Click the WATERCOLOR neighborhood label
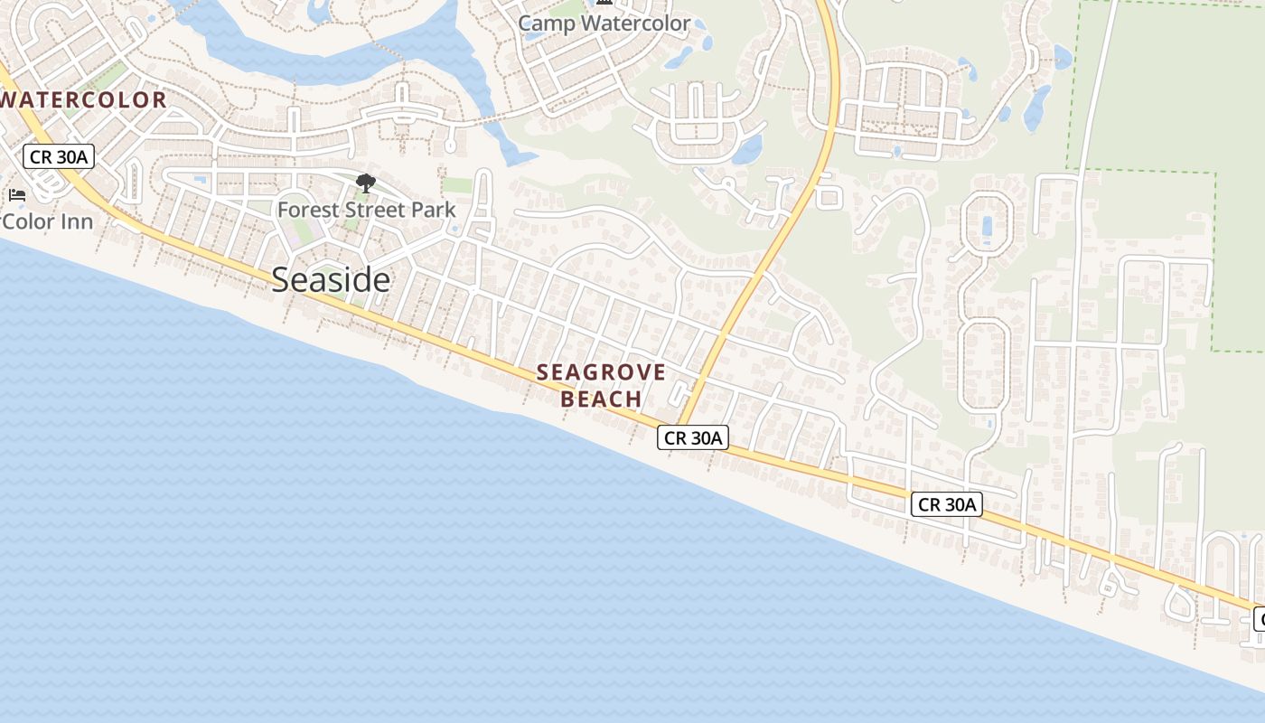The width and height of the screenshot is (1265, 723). [x=84, y=100]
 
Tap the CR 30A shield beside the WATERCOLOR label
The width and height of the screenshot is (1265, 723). [x=59, y=156]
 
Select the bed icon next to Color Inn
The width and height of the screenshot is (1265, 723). [x=16, y=194]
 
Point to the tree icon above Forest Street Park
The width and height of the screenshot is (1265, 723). [x=366, y=184]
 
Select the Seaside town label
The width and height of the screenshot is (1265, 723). [x=331, y=280]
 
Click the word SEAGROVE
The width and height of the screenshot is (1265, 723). [x=601, y=372]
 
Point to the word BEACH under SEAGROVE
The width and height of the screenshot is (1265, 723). [x=601, y=399]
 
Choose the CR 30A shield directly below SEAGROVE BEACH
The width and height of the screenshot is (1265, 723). [x=693, y=438]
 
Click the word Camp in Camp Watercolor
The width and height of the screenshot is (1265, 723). [x=547, y=23]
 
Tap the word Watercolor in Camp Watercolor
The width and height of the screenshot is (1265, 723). [x=635, y=23]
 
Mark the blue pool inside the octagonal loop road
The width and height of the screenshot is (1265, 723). [x=986, y=226]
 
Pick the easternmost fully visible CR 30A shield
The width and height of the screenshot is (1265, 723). [x=946, y=504]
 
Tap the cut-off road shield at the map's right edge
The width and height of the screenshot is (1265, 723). [x=1260, y=620]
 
